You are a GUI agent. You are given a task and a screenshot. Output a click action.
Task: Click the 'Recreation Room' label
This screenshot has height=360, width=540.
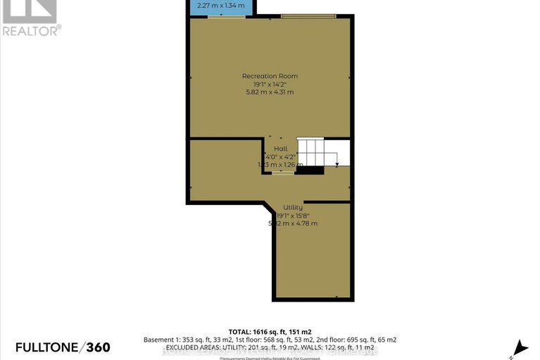tap(270, 76)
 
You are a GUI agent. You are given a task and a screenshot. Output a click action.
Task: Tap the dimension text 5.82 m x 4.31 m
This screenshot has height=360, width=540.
tap(270, 92)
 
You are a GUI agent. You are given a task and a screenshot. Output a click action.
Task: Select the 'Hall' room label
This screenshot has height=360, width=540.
tap(280, 149)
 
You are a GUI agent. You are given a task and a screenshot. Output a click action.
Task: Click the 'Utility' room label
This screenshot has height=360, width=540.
tap(293, 208)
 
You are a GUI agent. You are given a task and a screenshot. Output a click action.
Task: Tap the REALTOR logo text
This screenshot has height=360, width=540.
tap(31, 30)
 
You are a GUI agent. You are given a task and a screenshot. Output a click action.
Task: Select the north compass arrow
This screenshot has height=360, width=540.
tap(521, 347)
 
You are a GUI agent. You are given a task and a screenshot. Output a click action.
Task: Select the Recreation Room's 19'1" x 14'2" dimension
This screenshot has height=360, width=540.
tap(270, 85)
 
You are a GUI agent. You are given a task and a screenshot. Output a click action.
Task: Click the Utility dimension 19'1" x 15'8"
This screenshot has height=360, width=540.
tap(293, 216)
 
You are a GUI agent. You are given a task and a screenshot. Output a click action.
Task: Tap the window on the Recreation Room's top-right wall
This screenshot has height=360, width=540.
tap(308, 15)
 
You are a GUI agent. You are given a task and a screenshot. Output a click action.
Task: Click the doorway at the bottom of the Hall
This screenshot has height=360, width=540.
tap(284, 172)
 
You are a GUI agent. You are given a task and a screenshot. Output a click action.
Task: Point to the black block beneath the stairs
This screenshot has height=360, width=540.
tap(309, 170)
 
